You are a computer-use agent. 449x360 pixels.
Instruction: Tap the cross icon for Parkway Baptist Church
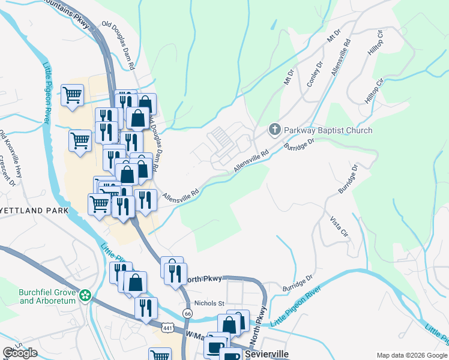[x=274, y=130]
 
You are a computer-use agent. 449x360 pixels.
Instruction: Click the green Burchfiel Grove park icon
[x=86, y=295]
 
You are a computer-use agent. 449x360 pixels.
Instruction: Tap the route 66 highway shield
[x=188, y=313]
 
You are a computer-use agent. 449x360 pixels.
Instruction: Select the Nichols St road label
[x=208, y=304]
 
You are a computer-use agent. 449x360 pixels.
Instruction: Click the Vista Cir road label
[x=339, y=225]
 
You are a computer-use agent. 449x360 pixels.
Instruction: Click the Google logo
[x=20, y=353]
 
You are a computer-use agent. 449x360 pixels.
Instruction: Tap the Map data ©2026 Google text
[x=411, y=355]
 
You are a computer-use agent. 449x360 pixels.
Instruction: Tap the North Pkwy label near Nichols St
[x=204, y=279]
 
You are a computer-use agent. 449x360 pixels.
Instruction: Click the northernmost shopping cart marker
[x=72, y=94]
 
